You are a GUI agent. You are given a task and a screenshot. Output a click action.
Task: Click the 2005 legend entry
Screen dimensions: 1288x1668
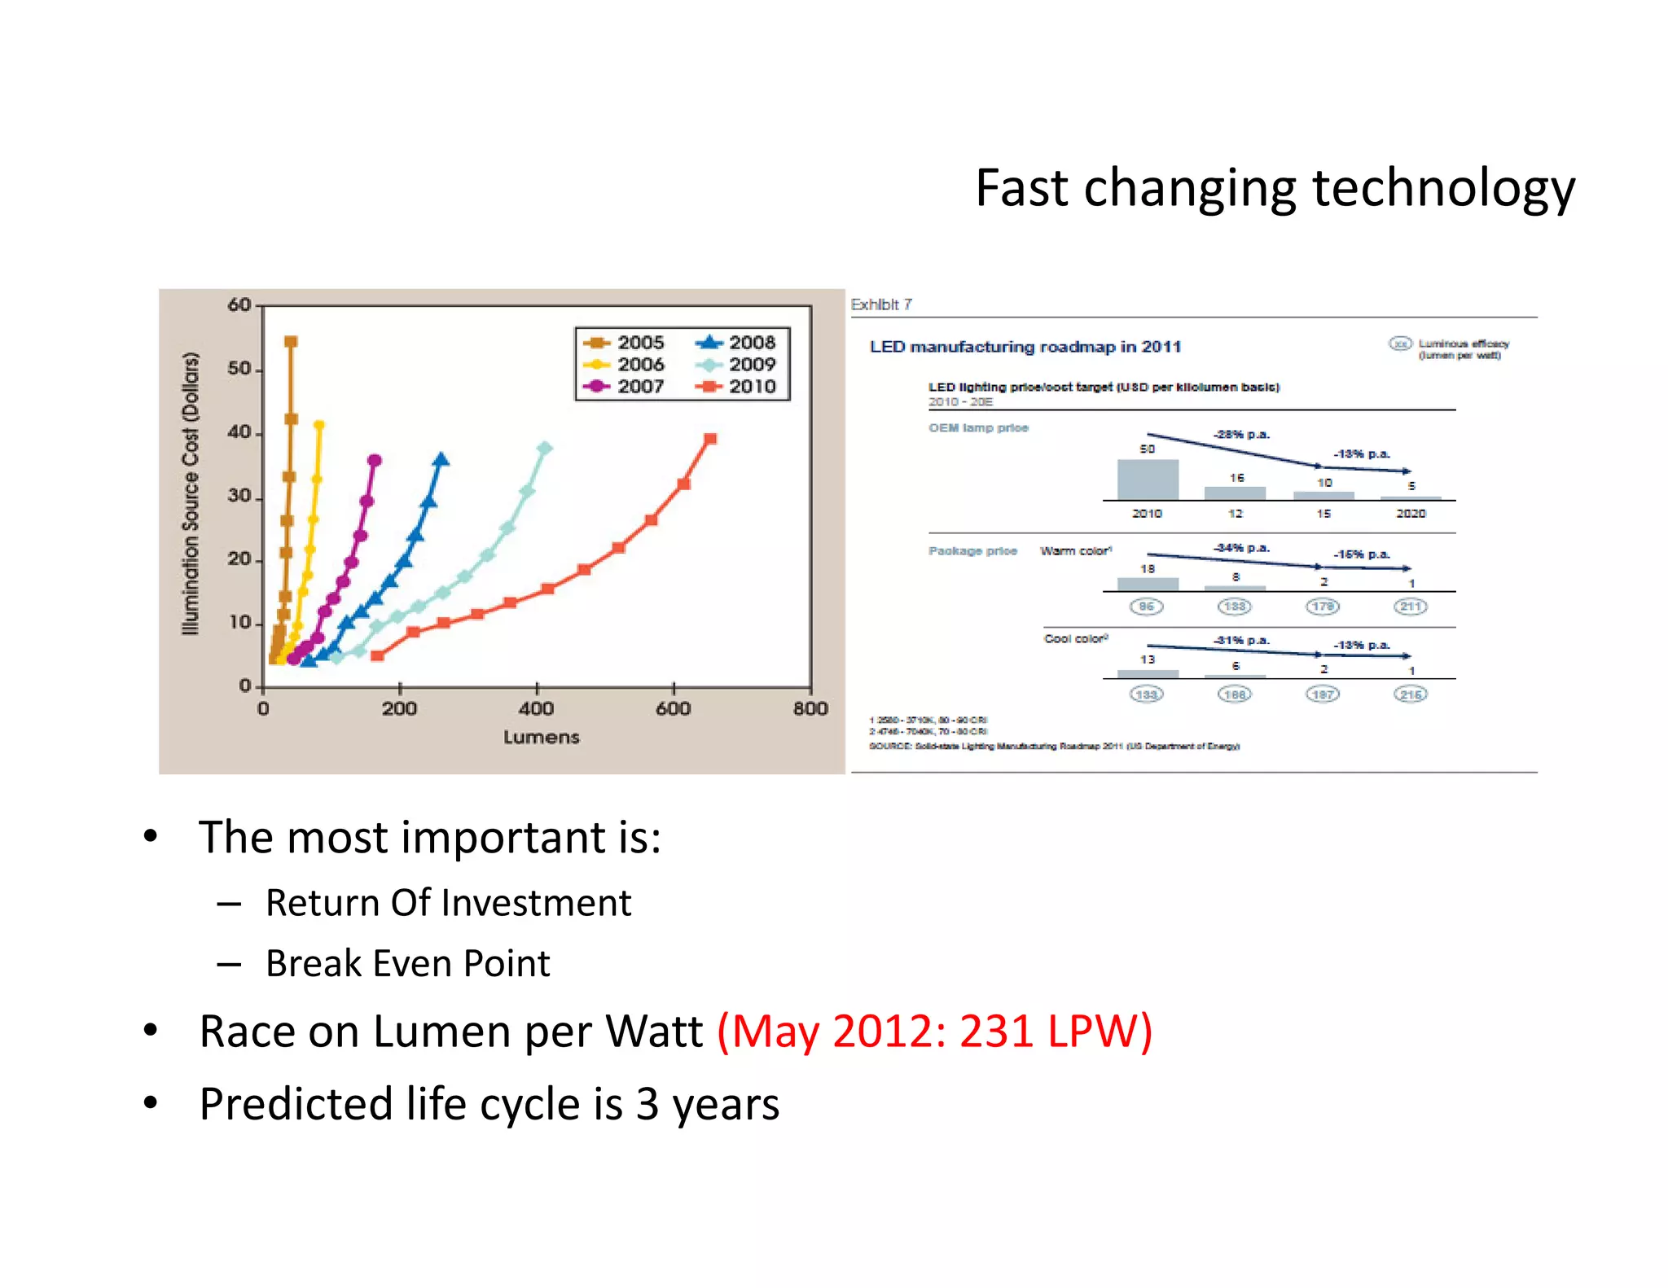coord(625,343)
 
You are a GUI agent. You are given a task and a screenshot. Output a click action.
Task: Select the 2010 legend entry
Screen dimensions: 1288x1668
coord(737,387)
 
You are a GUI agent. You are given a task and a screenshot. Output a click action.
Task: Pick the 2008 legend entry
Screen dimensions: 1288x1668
coord(737,343)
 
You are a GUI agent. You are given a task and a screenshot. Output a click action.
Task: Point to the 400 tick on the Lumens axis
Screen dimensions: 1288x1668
coord(536,708)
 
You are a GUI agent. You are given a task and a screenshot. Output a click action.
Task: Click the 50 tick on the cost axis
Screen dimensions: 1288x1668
coord(239,369)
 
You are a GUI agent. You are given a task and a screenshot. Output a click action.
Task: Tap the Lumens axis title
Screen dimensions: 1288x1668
coord(541,738)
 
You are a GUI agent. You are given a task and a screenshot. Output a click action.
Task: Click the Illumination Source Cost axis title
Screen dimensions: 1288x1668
coord(191,493)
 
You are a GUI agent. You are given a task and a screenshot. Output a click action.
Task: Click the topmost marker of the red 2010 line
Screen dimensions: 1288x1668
coord(710,439)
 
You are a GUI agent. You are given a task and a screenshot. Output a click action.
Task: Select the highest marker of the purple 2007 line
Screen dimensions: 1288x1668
coord(375,461)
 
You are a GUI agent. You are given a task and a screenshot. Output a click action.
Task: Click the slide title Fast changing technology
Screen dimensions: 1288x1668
coord(1275,189)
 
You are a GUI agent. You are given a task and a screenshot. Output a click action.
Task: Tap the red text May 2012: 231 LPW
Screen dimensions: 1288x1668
coord(934,1032)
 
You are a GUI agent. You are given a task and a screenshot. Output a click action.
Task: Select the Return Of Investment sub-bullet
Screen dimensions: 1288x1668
coord(448,903)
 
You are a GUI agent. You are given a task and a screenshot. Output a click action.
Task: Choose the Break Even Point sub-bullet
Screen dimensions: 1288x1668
coord(407,964)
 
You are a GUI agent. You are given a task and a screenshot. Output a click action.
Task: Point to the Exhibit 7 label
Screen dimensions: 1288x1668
coord(880,304)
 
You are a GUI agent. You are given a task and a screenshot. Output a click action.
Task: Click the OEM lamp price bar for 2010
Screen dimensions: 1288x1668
coord(1147,480)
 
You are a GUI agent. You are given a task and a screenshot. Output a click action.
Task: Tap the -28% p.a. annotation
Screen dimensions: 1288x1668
coord(1240,435)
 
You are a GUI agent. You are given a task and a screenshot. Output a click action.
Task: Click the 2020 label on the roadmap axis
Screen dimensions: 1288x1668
coord(1411,514)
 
